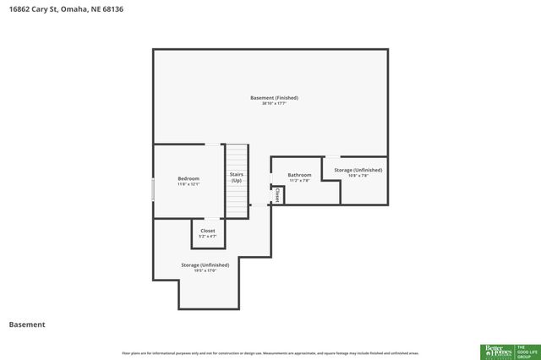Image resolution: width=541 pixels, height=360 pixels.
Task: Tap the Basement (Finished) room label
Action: pos(274,98)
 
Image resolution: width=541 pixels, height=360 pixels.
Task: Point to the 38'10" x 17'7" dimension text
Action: pos(274,104)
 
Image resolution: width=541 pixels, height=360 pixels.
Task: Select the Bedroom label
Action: pos(189,178)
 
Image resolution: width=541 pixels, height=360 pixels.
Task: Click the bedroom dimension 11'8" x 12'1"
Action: pos(189,184)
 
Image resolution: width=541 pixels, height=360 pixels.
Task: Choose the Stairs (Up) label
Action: pos(237,177)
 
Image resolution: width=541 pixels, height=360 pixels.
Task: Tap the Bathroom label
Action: pos(300,175)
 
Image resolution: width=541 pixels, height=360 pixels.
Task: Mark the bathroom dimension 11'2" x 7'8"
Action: pos(300,181)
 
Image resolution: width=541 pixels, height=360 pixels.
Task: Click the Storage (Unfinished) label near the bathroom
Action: pos(358,170)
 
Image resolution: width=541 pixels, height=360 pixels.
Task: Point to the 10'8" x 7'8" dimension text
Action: pos(358,176)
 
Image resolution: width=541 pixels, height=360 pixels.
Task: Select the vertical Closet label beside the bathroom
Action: pos(277,194)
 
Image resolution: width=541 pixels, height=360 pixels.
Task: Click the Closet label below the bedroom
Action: pos(207,231)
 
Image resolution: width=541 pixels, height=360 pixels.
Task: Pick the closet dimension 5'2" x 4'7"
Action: pos(207,237)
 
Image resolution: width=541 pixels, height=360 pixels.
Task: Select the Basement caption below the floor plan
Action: pos(26,325)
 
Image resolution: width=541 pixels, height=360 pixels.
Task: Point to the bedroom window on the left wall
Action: pos(153,189)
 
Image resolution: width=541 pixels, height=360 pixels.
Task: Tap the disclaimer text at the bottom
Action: pos(270,353)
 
